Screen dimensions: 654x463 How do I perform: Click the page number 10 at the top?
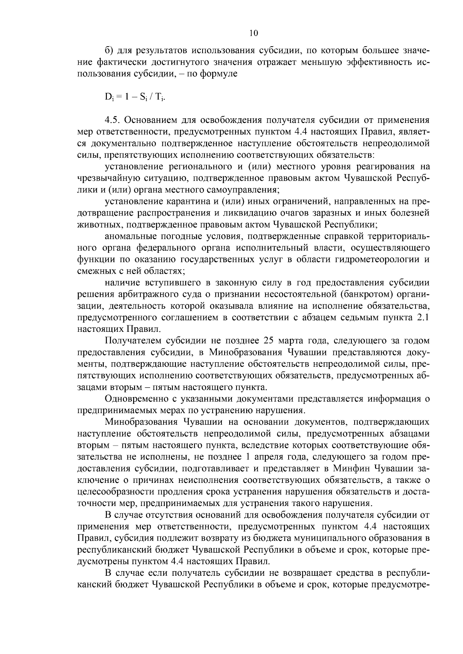pos(253,33)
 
